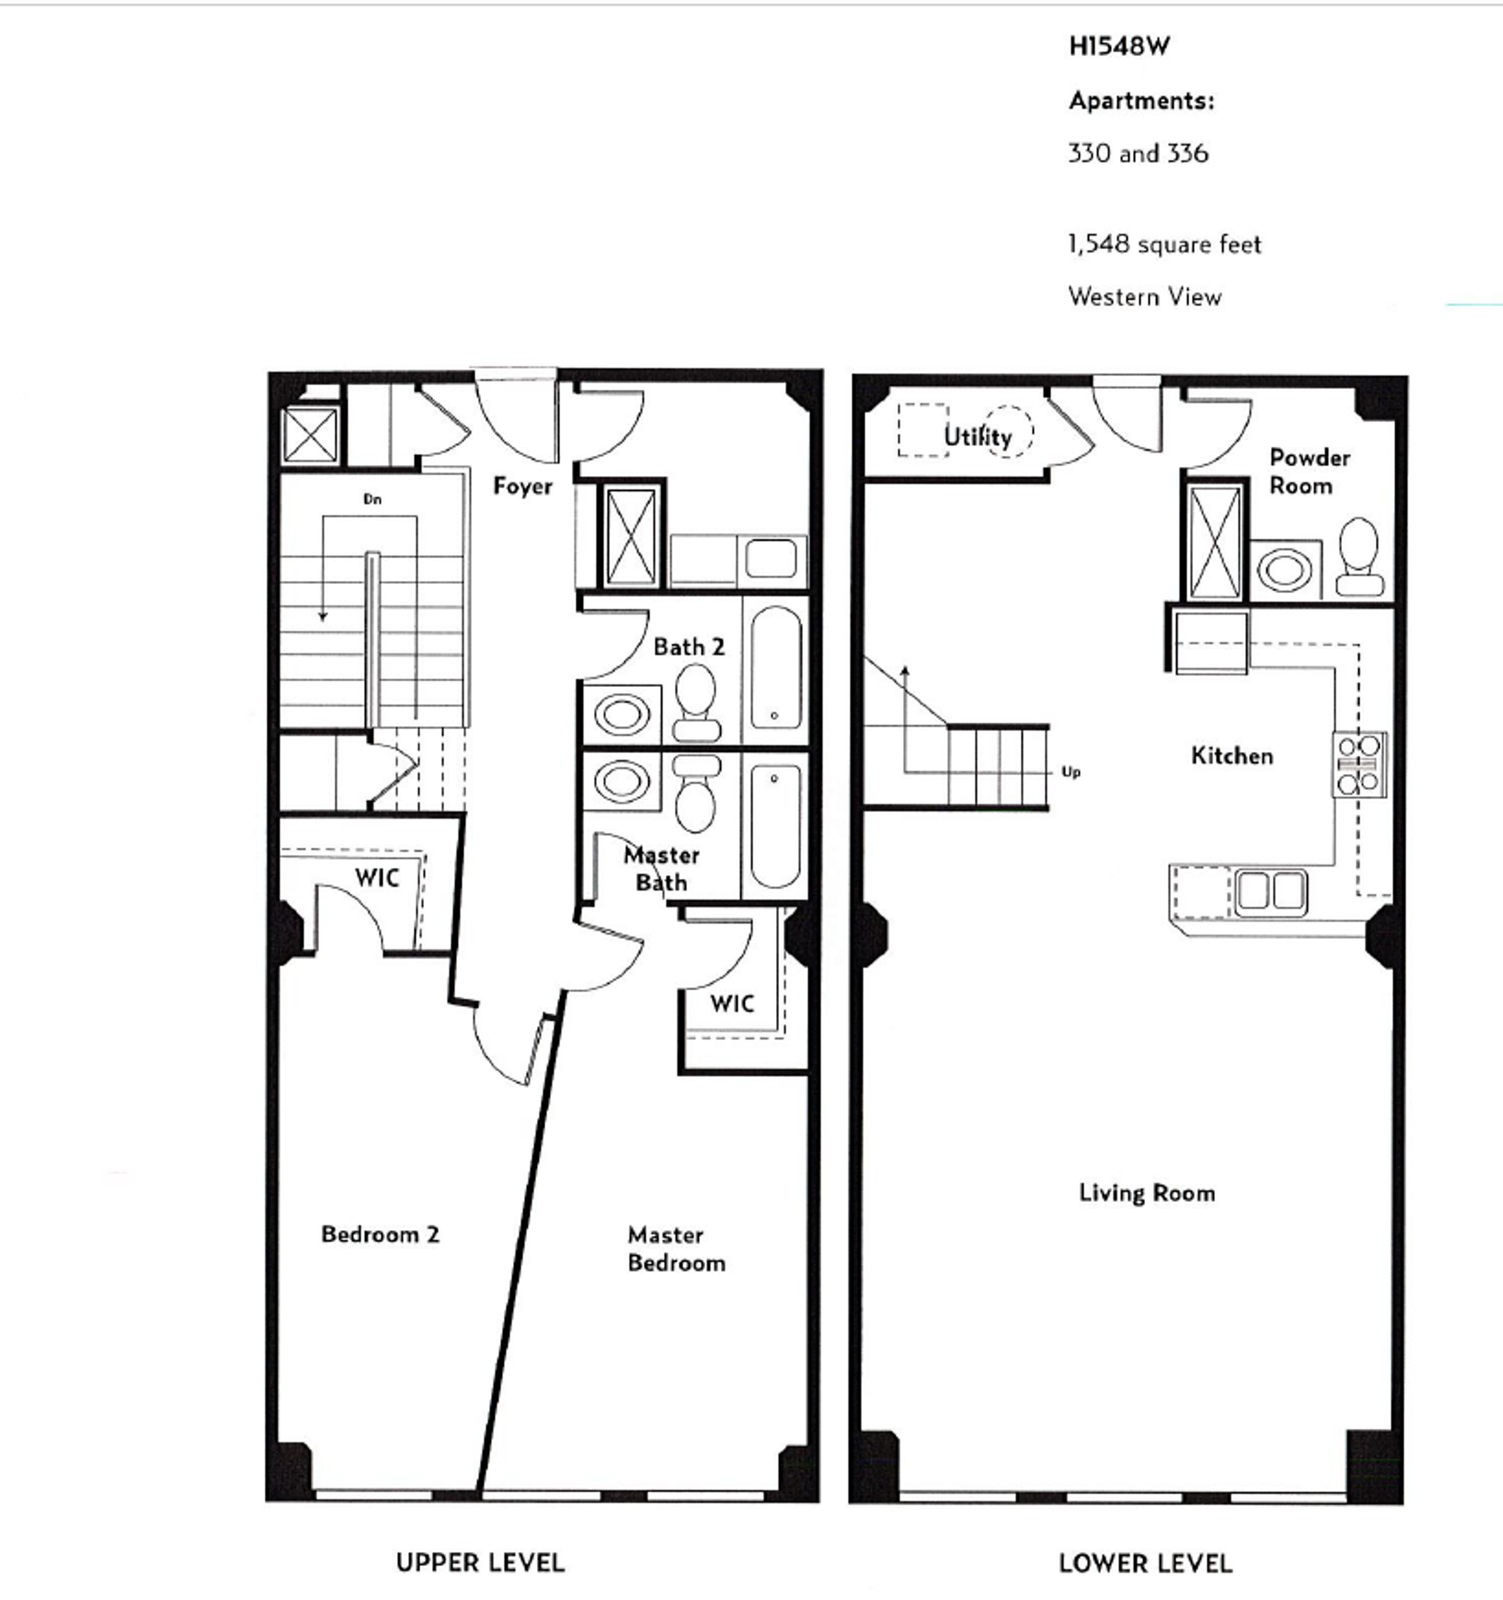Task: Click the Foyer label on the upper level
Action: click(522, 486)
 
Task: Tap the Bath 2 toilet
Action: click(696, 702)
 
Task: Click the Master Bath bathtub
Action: click(774, 826)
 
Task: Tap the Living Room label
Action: click(1146, 1192)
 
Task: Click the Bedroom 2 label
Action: click(380, 1235)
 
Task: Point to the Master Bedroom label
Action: click(675, 1248)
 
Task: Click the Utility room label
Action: click(978, 436)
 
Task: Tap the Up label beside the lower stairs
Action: click(1070, 772)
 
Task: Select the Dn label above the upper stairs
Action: click(372, 499)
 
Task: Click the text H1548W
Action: click(1118, 47)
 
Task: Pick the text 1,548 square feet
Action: click(1164, 244)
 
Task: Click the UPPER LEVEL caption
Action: click(480, 1563)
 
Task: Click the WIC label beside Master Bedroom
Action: click(732, 1004)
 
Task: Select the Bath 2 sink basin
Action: click(622, 714)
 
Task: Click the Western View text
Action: click(1144, 297)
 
